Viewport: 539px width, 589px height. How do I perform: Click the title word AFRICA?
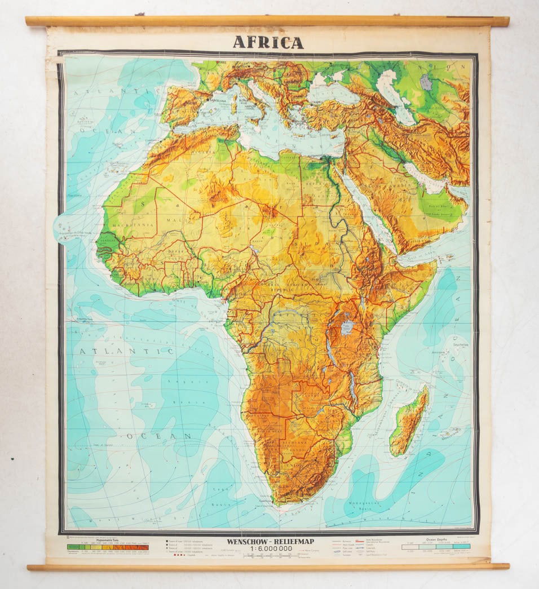[x=268, y=42]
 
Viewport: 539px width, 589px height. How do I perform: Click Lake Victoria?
[x=347, y=327]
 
